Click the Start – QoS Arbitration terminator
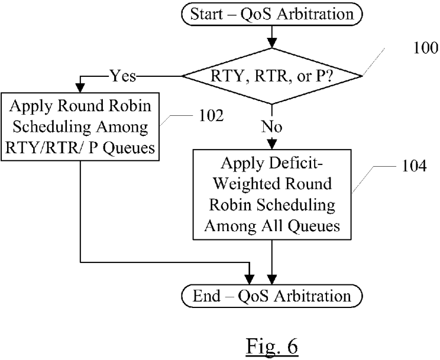coord(271,15)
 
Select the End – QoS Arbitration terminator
coord(271,296)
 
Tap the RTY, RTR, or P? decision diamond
coord(271,75)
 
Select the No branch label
coord(272,126)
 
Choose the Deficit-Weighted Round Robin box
coord(271,194)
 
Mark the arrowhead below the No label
coord(271,144)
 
